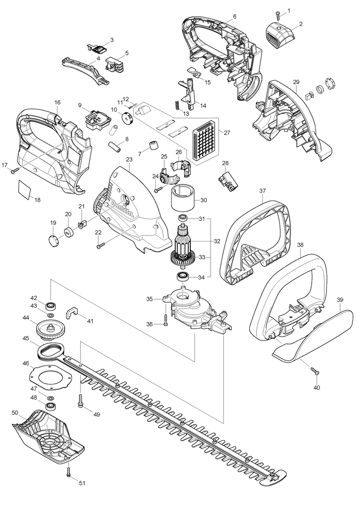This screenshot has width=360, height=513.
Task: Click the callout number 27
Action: tap(227, 133)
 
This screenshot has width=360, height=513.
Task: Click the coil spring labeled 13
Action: tap(176, 105)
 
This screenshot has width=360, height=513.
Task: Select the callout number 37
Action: tap(262, 190)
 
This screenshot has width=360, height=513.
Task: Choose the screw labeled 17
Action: tap(14, 171)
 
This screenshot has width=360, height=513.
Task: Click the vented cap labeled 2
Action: tap(280, 36)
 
